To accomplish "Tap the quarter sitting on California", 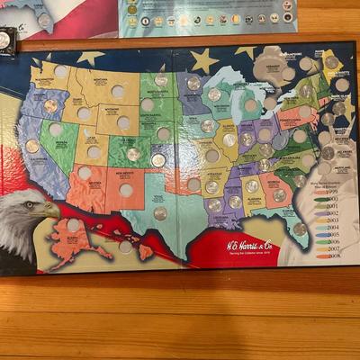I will pos(32,146).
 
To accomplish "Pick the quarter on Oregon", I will pos(50,105).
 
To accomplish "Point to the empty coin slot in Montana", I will pos(118,91).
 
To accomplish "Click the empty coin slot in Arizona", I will pos(85,172).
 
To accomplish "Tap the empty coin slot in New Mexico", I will pos(126,190).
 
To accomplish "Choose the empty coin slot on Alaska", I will pos(73,225).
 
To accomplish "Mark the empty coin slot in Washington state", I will pos(60,70).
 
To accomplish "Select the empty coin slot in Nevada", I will pos(56,130).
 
